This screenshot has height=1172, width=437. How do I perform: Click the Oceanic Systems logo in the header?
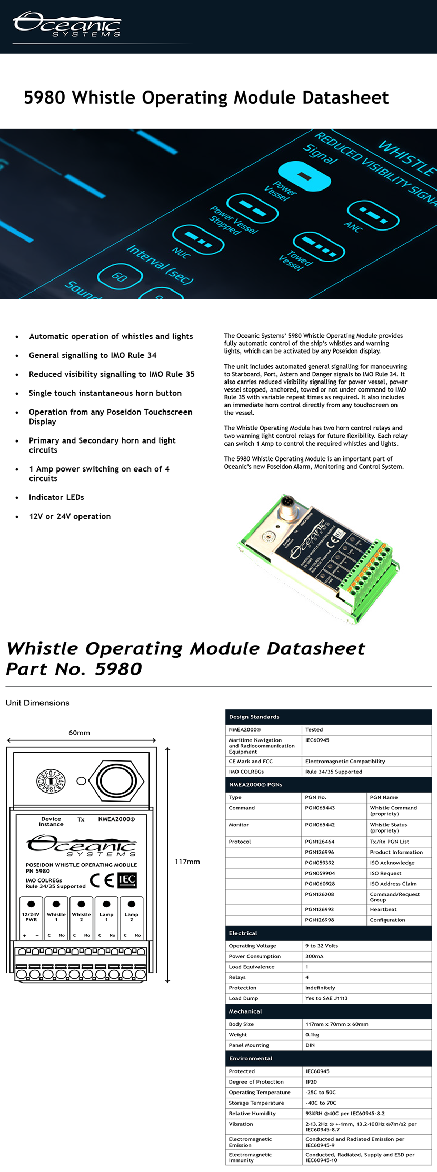[67, 25]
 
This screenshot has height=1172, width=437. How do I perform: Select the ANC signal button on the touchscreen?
[373, 215]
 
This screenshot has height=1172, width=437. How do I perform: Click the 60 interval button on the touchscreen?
[120, 276]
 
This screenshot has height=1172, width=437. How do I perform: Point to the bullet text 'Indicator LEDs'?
[56, 497]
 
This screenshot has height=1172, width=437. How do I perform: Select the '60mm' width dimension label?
[79, 733]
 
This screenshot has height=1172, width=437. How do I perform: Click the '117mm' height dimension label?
[187, 862]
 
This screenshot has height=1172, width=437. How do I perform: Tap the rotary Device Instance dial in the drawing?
[51, 781]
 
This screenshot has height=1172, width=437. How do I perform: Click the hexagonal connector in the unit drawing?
[116, 780]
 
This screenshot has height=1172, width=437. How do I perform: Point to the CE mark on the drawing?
[102, 880]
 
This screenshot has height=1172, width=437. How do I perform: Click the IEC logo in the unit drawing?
[127, 879]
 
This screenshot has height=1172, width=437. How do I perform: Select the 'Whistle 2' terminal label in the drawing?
[81, 917]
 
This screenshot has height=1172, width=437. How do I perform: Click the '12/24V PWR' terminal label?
[31, 917]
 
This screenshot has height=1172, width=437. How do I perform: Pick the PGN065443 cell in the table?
[320, 808]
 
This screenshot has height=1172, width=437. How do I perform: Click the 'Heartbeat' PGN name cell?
[383, 909]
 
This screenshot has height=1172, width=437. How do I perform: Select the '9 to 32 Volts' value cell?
[322, 946]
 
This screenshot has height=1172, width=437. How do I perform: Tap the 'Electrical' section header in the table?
[243, 933]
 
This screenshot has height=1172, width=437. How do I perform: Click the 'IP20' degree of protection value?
[311, 1081]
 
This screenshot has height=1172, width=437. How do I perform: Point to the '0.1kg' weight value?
[313, 1034]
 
